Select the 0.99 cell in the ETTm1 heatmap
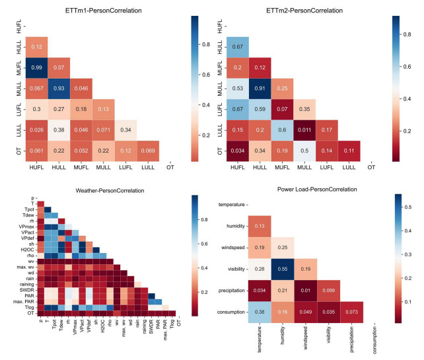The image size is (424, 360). pos(38,66)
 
